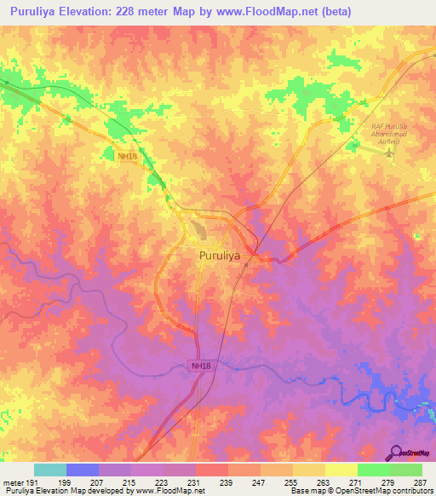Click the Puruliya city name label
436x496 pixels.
coord(219,255)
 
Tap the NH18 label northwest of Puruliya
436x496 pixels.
coord(127,156)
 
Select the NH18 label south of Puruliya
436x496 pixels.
coord(198,366)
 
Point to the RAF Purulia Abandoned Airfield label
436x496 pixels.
coord(390,135)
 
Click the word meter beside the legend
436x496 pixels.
coord(11,482)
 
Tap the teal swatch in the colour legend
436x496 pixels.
coord(50,470)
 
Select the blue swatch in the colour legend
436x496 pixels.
coord(83,470)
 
